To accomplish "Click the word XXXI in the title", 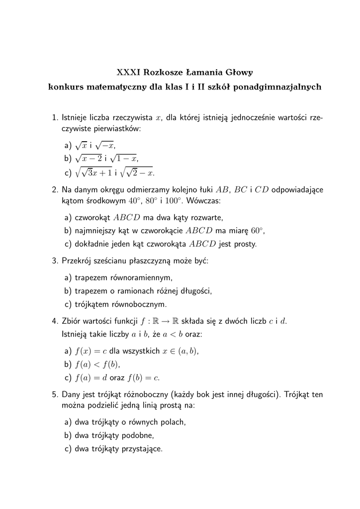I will (x=128, y=72).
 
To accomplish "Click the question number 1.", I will (x=55, y=118).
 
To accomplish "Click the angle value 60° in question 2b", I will (x=256, y=231).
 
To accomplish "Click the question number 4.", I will (x=55, y=321).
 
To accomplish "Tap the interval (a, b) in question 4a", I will (x=187, y=351).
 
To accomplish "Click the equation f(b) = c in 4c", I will (x=143, y=378).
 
